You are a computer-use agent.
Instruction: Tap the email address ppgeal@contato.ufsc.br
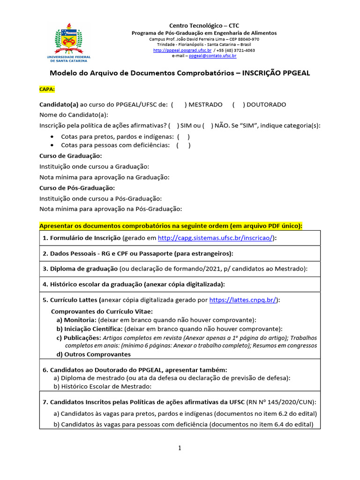click(x=212, y=56)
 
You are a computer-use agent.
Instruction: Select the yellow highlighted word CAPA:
click(x=47, y=89)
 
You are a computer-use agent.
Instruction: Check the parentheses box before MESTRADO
click(x=179, y=105)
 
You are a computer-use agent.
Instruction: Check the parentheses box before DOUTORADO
click(x=238, y=105)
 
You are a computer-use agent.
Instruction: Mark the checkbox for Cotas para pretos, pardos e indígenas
click(x=183, y=136)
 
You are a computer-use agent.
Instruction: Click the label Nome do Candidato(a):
click(x=74, y=115)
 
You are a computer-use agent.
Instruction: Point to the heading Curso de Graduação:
click(x=70, y=156)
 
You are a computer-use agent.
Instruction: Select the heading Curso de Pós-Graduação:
click(x=77, y=187)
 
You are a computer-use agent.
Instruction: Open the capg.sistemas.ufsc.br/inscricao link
click(x=216, y=238)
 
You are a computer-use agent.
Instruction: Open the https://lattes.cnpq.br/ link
click(x=243, y=300)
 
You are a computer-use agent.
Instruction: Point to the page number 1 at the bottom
click(x=180, y=449)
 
